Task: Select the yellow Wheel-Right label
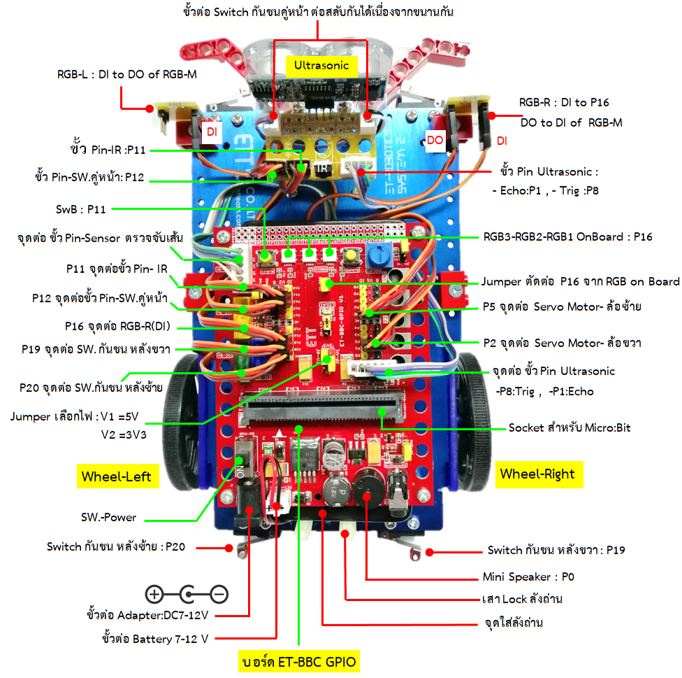click(x=537, y=474)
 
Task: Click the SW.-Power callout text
click(x=109, y=518)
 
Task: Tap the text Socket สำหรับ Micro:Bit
click(x=569, y=427)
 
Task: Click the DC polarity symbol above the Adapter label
click(x=187, y=595)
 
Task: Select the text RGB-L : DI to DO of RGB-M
click(x=126, y=75)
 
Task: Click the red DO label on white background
click(x=435, y=140)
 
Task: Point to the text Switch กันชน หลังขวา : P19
click(x=556, y=550)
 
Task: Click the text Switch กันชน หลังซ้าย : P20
click(x=116, y=546)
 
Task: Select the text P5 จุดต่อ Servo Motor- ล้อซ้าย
click(x=562, y=306)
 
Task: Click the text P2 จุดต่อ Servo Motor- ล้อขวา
click(x=562, y=343)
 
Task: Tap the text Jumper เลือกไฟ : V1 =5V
click(x=75, y=416)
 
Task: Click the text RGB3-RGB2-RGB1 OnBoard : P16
click(x=567, y=236)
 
